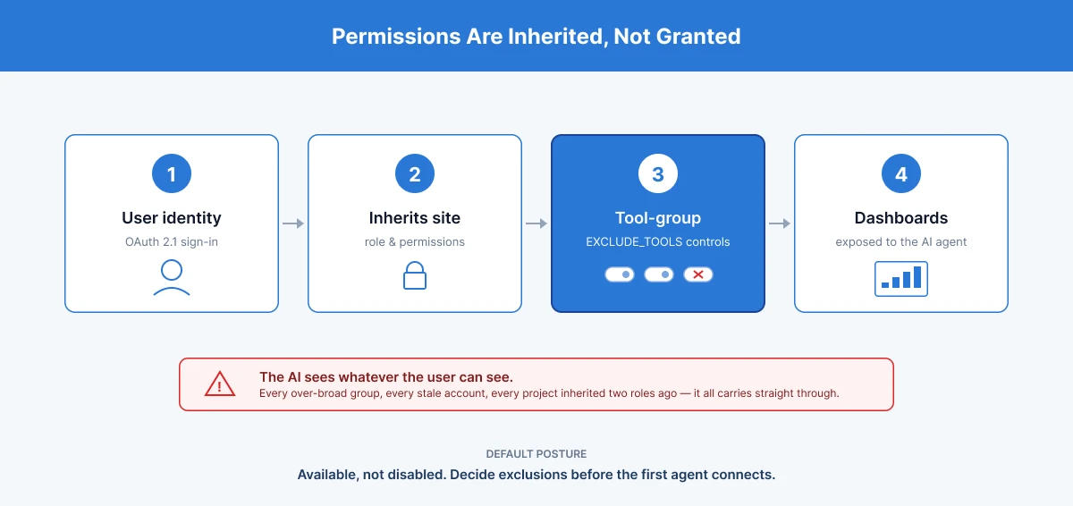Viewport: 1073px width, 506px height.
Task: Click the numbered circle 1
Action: [x=172, y=173]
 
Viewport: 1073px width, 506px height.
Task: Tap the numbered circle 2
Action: [x=415, y=173]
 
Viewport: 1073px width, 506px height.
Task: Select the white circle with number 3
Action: [x=658, y=173]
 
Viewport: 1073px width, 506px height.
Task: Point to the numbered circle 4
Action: [x=901, y=173]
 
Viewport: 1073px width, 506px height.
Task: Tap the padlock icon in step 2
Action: [x=415, y=275]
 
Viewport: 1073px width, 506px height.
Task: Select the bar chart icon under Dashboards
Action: [x=901, y=279]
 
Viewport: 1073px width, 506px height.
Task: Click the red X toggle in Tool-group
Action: [x=698, y=274]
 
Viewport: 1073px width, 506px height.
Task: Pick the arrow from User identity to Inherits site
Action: [x=293, y=223]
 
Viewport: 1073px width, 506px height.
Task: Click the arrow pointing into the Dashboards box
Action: [x=780, y=223]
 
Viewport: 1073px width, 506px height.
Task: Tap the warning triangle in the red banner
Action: [x=220, y=384]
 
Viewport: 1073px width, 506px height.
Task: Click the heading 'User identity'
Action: [x=172, y=218]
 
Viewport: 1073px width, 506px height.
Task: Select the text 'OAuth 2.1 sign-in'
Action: [x=172, y=241]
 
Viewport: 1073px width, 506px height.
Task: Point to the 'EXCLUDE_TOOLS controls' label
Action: [x=658, y=241]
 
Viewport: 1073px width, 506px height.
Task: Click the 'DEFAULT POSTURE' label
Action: [x=536, y=454]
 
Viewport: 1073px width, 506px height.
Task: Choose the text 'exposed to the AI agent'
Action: [x=901, y=241]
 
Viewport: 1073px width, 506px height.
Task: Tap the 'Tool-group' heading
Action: [x=658, y=218]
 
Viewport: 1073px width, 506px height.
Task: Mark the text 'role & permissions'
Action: [x=415, y=241]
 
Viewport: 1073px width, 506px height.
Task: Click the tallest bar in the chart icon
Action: [x=917, y=277]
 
